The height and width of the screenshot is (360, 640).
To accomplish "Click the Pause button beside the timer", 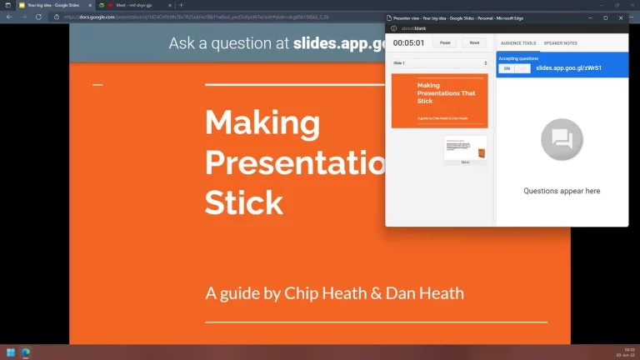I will point(445,42).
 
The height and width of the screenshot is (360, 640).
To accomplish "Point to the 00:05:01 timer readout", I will point(409,42).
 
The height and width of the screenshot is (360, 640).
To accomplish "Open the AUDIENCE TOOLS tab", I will point(518,42).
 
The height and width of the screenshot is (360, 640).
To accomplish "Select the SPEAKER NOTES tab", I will point(560,42).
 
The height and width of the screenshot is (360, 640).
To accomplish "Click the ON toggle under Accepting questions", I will point(505,68).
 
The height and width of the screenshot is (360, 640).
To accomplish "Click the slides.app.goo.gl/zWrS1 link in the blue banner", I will point(568,68).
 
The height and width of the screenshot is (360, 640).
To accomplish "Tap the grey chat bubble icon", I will point(562,139).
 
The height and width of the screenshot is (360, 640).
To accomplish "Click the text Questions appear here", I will point(562,191).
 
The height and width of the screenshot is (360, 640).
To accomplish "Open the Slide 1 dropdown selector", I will point(439,63).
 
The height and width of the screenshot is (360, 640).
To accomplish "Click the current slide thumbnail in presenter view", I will point(439,100).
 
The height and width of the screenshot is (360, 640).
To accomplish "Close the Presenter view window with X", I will point(620,17).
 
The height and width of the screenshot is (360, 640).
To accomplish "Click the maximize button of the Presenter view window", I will point(606,17).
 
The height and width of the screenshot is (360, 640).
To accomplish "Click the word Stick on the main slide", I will point(244,202).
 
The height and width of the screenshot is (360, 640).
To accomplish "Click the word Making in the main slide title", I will point(262,123).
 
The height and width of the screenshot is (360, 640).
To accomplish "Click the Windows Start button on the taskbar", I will point(11,352).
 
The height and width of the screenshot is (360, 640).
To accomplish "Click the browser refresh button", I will point(38,16).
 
